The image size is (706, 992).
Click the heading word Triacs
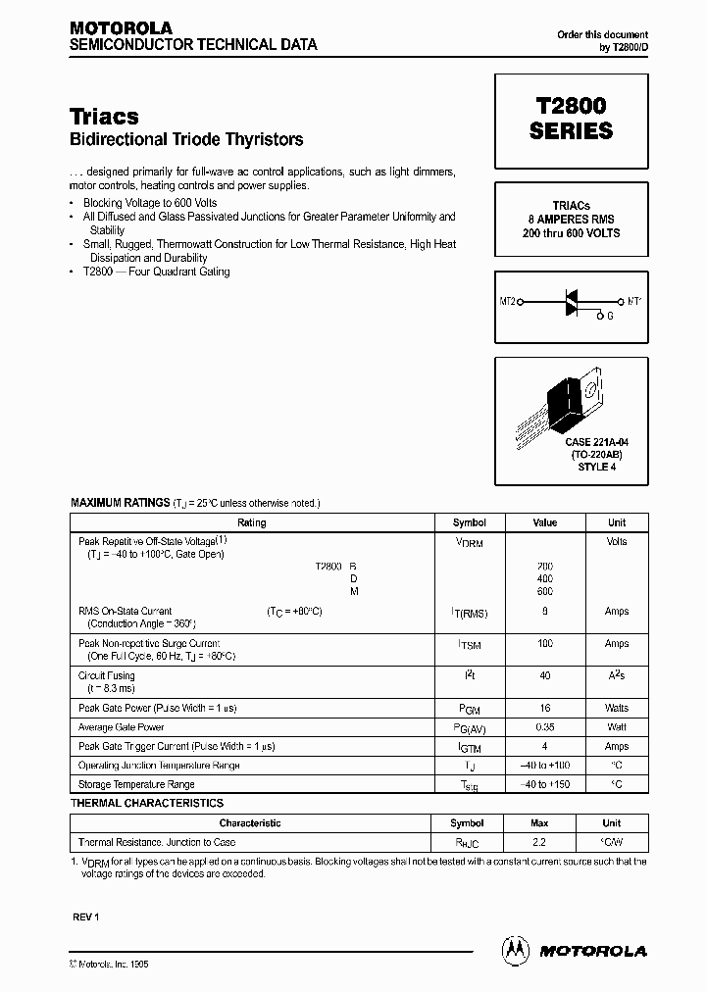point(104,116)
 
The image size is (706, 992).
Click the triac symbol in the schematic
point(572,301)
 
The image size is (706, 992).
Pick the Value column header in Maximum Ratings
point(545,522)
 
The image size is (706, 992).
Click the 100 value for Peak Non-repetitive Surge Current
point(545,644)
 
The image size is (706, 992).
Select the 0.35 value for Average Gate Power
point(545,727)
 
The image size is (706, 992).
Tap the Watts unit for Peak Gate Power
point(616,708)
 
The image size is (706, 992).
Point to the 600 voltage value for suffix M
point(545,591)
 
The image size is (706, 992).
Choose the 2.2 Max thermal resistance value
point(539,842)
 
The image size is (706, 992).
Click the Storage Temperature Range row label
point(136,784)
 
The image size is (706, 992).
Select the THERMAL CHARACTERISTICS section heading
point(147,803)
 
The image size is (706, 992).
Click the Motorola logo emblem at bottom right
point(516,949)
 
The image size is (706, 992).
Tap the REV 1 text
point(86,917)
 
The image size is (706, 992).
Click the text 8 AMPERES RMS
point(572,221)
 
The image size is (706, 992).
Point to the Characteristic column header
point(250,823)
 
